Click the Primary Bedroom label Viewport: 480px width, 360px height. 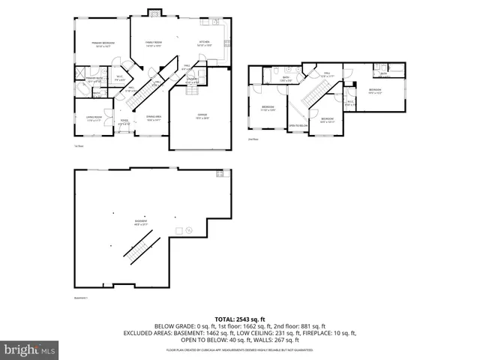click(x=98, y=44)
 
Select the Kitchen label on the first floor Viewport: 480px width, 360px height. click(x=204, y=43)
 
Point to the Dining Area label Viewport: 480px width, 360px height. click(x=154, y=117)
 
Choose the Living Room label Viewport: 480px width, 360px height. click(x=93, y=118)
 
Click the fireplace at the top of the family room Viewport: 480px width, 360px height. click(x=154, y=12)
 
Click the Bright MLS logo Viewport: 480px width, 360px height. click(x=29, y=349)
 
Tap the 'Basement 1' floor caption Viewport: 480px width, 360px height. click(x=81, y=298)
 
